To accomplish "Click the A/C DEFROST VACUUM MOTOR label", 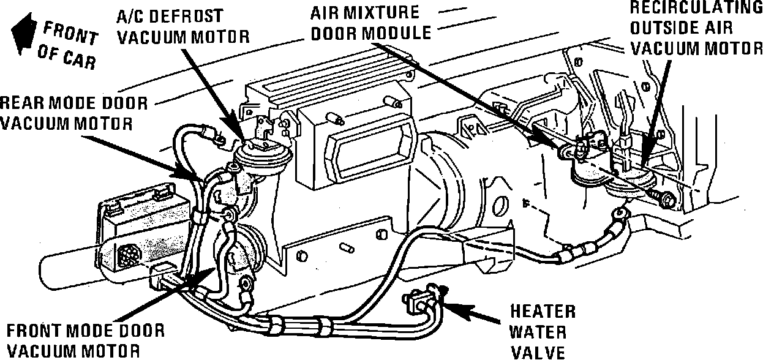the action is point(182,26).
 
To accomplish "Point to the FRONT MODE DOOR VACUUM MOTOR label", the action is point(82,340).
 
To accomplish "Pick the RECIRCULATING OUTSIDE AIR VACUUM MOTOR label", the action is point(697,28).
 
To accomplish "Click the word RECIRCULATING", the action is point(697,7).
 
